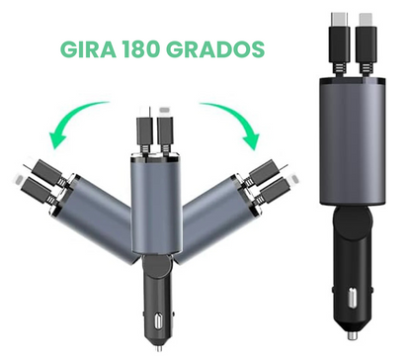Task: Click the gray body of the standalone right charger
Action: tap(346, 134)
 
